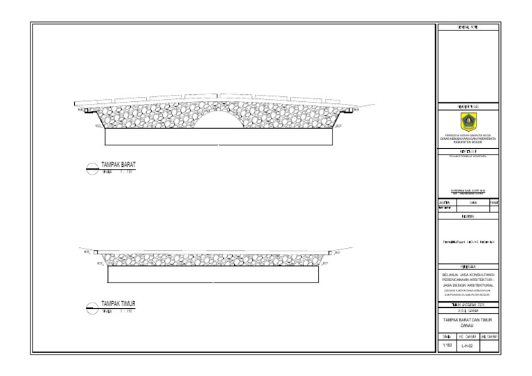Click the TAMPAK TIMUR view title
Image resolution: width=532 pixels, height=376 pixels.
pos(118,304)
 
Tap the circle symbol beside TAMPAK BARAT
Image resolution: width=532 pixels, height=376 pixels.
pos(91,168)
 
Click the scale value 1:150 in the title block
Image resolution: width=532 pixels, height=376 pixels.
pos(447,345)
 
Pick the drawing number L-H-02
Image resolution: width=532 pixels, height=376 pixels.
pos(468,346)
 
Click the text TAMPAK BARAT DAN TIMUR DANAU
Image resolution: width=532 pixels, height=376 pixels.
pos(468,322)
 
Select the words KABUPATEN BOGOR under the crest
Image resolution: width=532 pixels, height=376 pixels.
pos(468,142)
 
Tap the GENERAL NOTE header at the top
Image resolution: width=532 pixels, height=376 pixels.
pos(468,27)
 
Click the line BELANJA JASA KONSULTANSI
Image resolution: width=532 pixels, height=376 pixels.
pos(468,274)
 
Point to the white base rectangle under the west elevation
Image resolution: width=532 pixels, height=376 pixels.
pos(218,137)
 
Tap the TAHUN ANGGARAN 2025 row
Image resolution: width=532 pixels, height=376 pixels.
pos(468,305)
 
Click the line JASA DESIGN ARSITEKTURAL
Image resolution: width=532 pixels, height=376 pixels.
pos(468,284)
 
